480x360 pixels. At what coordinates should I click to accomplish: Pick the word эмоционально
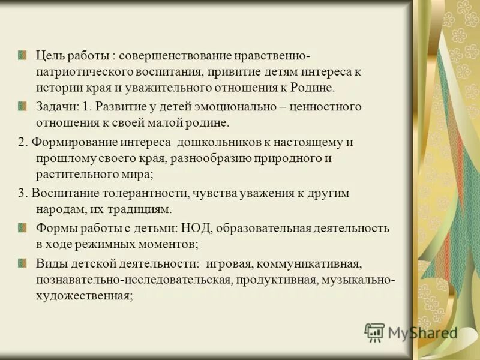tap(232, 107)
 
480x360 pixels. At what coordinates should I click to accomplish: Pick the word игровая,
tap(232, 263)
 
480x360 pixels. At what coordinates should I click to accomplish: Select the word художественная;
tap(83, 296)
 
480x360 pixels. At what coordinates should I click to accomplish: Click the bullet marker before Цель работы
tap(23, 56)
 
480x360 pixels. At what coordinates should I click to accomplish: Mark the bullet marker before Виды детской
tap(23, 263)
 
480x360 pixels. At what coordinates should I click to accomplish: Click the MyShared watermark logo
tap(411, 332)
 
